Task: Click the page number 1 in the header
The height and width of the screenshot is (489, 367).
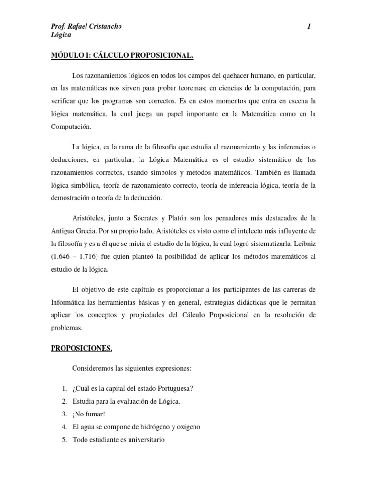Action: point(309,27)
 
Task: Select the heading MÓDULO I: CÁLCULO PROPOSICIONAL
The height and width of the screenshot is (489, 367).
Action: point(122,56)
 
